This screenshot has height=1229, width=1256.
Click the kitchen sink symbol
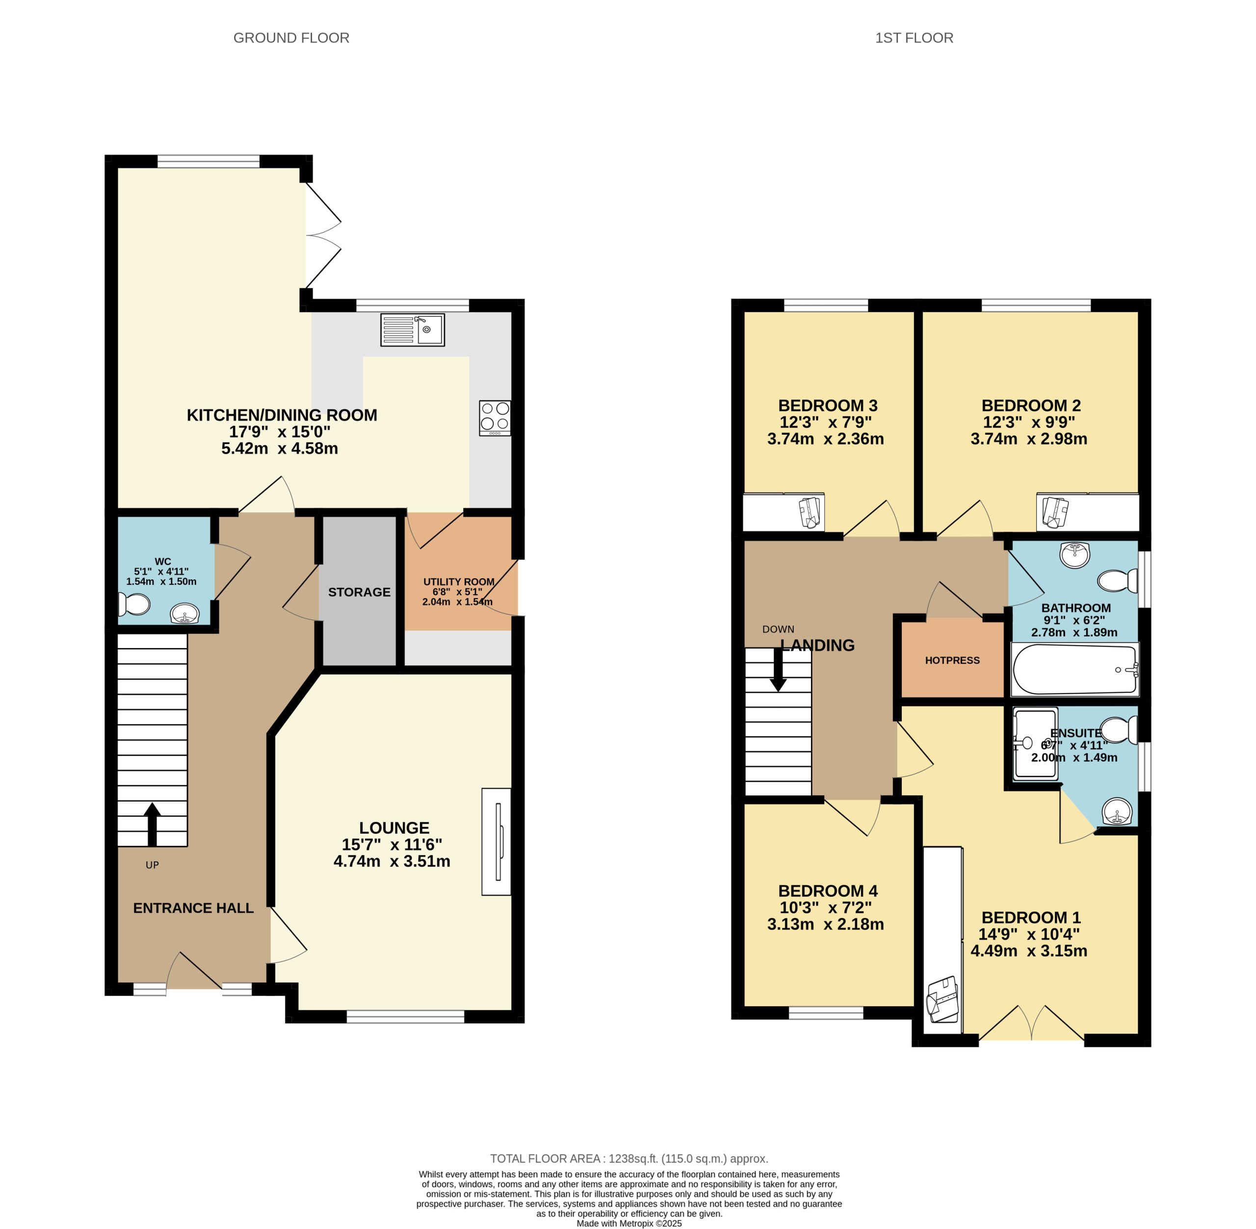[x=412, y=330]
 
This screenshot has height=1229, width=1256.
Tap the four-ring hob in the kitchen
[x=495, y=418]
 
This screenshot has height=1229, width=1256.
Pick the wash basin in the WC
[x=185, y=614]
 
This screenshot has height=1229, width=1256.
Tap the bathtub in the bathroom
[x=1074, y=669]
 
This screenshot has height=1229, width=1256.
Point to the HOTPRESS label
[x=952, y=660]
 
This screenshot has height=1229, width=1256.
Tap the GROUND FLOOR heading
[x=291, y=38]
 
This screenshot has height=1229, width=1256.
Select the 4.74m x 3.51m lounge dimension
[x=392, y=861]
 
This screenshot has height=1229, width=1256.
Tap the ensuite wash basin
[x=1117, y=811]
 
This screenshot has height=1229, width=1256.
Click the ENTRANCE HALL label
[x=193, y=908]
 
